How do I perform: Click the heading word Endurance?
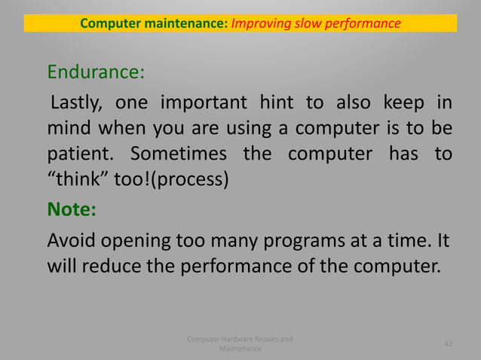click(93, 73)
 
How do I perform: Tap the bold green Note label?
click(72, 208)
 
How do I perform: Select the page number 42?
click(449, 344)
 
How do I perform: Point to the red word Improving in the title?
click(261, 23)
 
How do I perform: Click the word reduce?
click(112, 267)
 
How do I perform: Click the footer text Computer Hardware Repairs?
click(240, 339)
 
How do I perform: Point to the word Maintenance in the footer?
click(240, 349)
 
